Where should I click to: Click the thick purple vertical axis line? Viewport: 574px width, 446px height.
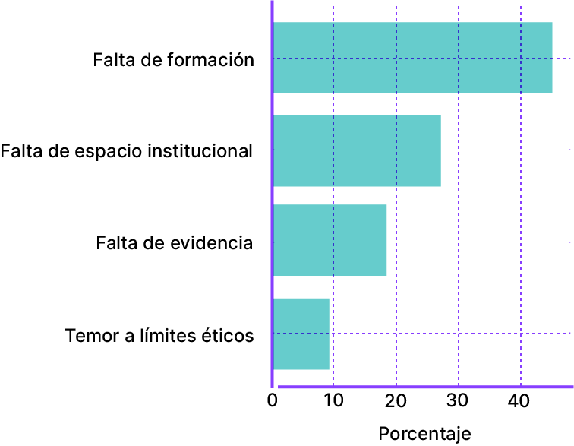point(272,190)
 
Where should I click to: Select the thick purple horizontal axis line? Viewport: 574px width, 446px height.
point(425,387)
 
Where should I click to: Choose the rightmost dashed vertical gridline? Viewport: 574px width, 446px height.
point(521,228)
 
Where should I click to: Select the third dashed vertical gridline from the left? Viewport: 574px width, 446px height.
point(458,228)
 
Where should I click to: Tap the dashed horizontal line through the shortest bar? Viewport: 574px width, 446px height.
point(456,333)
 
